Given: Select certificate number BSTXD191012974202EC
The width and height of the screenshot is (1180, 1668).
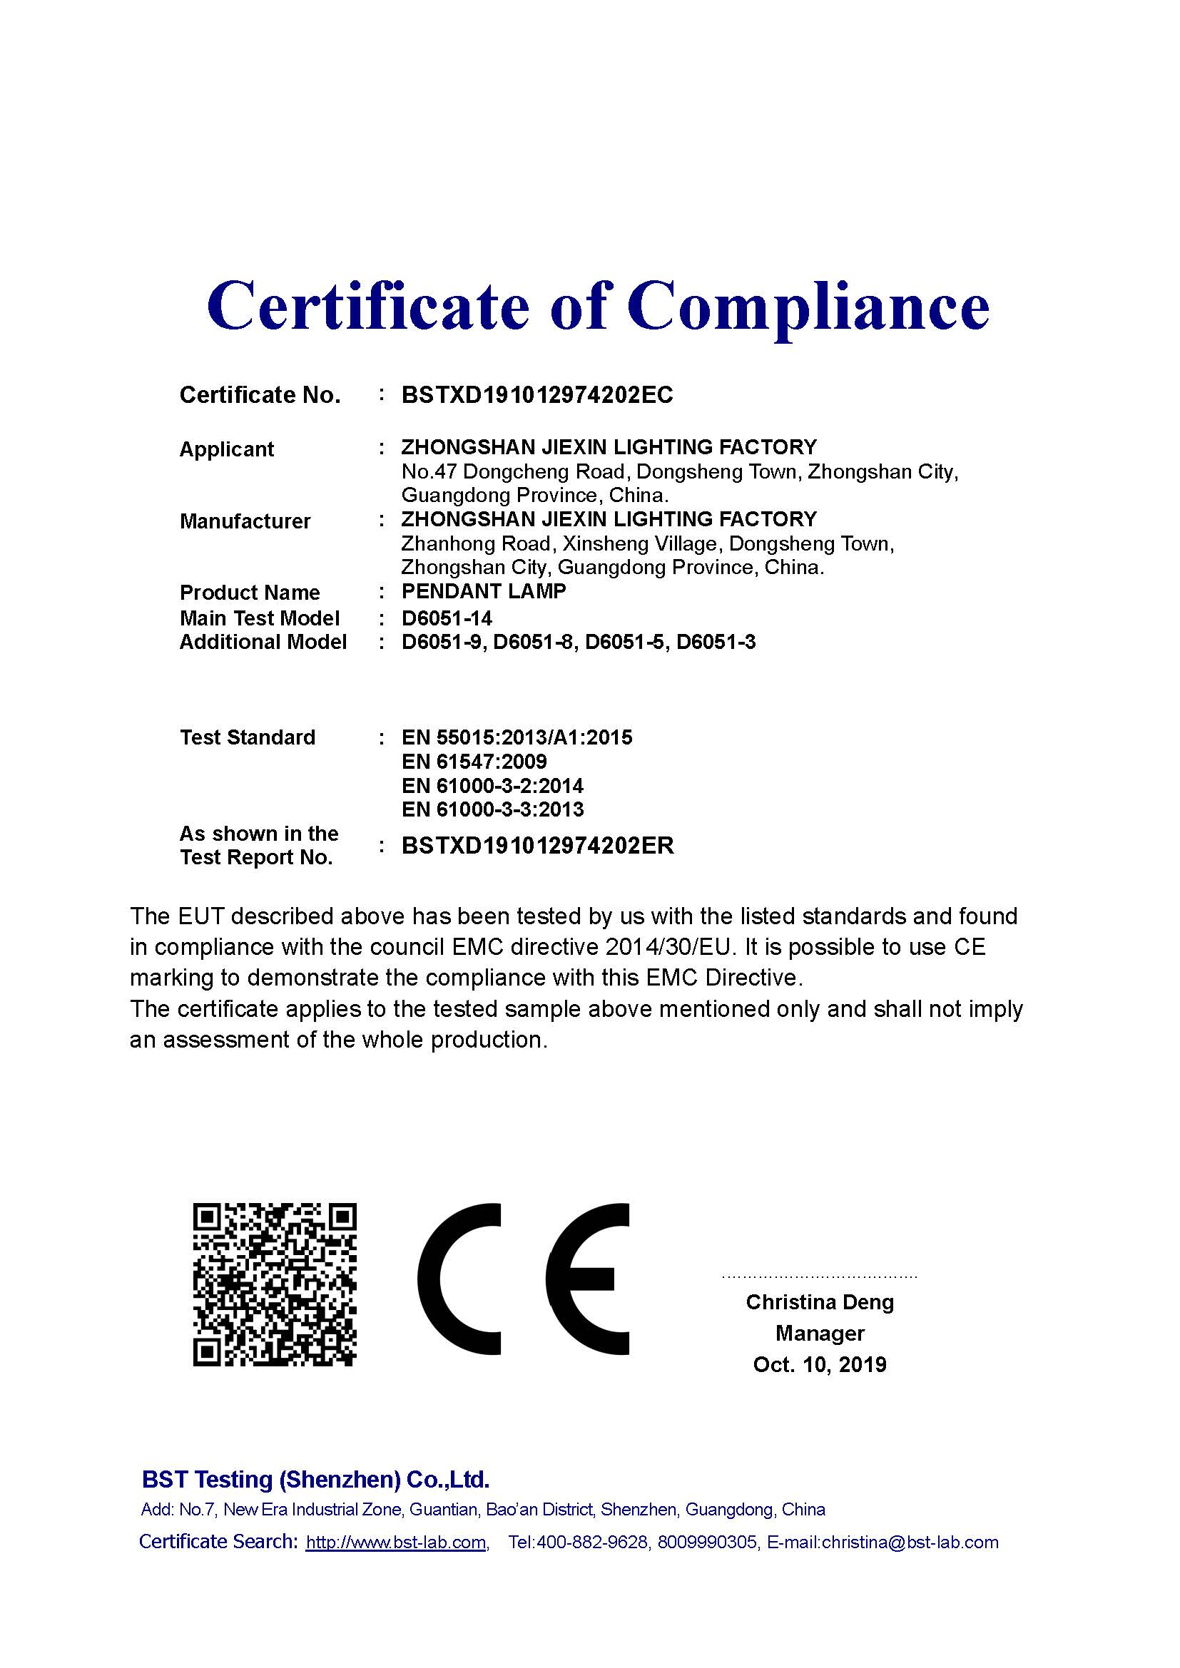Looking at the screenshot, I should (x=537, y=394).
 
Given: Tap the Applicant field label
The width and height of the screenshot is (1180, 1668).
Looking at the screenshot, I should (x=226, y=449).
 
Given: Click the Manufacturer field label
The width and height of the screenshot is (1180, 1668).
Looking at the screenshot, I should (x=245, y=521).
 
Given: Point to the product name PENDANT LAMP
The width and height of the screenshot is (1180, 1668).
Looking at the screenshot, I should (x=483, y=591).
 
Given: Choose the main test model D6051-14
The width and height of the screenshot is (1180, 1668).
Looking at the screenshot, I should (x=446, y=618).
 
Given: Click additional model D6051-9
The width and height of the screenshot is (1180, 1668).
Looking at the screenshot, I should (x=442, y=643).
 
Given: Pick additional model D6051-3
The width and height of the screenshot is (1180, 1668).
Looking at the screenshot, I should (x=716, y=643).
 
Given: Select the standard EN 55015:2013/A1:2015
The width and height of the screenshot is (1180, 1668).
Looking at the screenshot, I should (x=517, y=737).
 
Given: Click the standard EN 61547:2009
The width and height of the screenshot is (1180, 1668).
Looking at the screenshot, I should (x=474, y=762).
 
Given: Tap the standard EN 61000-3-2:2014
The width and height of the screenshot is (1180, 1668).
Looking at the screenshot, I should (x=492, y=785).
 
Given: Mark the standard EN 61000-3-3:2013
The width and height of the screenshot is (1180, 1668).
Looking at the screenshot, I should (x=492, y=809).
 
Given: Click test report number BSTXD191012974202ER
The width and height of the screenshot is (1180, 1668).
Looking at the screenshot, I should (x=538, y=846).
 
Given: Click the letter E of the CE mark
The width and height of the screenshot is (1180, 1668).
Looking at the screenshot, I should (x=587, y=1279).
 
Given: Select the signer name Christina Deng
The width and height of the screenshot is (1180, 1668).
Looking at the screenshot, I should (x=820, y=1302).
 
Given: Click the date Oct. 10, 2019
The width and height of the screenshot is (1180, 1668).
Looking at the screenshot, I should (x=820, y=1364).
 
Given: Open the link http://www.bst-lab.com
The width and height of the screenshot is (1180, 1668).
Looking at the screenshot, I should (x=395, y=1542).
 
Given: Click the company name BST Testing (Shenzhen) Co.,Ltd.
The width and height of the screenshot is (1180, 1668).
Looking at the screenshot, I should (x=315, y=1479).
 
